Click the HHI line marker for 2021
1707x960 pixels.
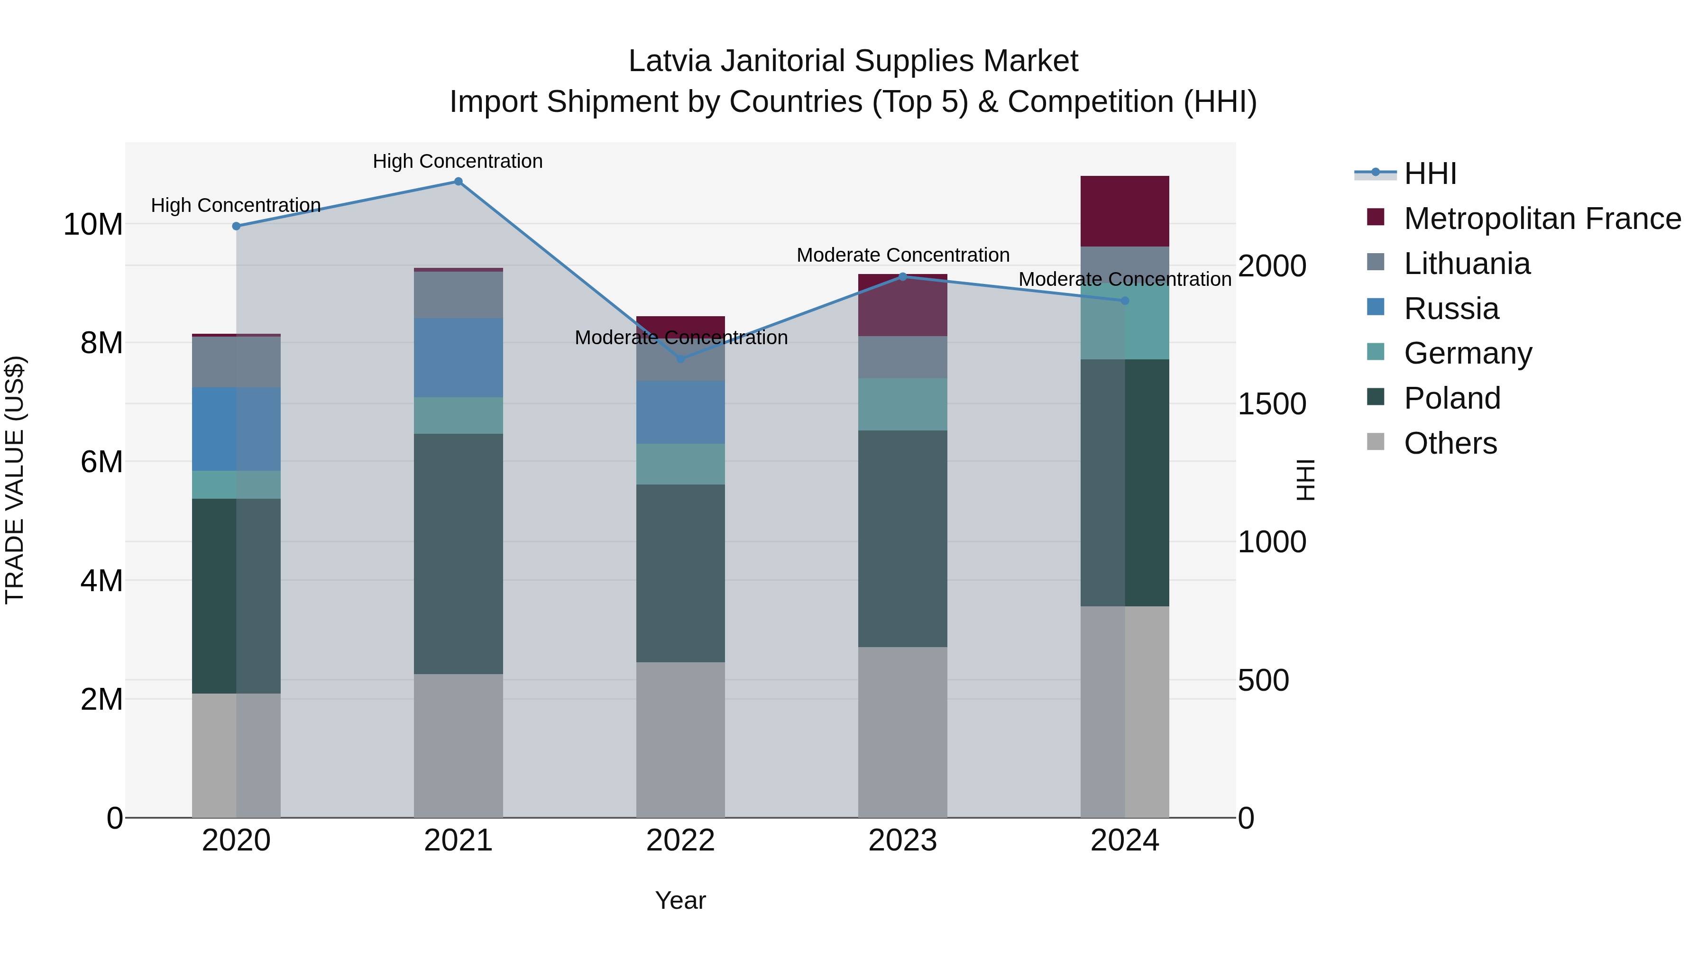(458, 182)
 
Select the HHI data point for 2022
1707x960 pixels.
(680, 359)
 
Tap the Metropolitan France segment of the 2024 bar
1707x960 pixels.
(1125, 211)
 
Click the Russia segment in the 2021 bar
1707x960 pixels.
(458, 358)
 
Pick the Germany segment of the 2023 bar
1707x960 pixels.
(902, 404)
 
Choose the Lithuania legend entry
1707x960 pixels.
(1467, 264)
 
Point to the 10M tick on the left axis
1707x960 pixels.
(93, 225)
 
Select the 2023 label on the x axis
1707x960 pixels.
(902, 841)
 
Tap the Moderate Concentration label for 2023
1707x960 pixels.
(902, 255)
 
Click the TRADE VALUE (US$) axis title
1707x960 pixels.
(15, 480)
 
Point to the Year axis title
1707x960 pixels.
(680, 900)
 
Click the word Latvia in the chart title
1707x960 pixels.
(670, 61)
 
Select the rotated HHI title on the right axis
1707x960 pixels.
(1304, 480)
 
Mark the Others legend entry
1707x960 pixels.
(1450, 443)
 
